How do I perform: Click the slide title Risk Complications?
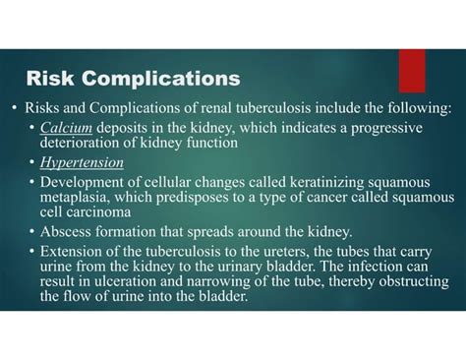[132, 77]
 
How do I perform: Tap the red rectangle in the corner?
[412, 71]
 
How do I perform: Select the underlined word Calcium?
[60, 129]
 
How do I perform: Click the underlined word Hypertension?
[82, 162]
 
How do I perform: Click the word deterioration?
[82, 144]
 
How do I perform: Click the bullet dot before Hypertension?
[31, 163]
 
